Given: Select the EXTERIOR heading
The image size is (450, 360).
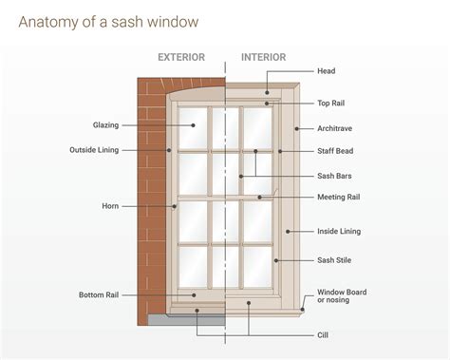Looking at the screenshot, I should [x=180, y=57].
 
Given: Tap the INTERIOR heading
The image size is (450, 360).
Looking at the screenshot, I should [x=263, y=57].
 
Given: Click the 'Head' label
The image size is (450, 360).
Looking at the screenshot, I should [x=327, y=71].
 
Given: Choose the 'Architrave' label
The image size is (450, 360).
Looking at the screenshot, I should [x=336, y=126].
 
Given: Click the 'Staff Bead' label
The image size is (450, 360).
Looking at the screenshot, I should [x=336, y=151].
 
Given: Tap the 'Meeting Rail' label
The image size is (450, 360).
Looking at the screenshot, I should [x=339, y=198].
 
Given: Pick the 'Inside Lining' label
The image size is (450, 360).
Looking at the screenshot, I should [x=339, y=231].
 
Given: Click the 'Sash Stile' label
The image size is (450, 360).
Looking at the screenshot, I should [x=334, y=259].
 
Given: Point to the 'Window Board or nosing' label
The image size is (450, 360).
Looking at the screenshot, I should [x=342, y=296].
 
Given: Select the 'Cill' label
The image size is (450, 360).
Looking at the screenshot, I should [x=323, y=334].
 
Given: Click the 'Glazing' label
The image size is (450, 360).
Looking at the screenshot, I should [x=105, y=124].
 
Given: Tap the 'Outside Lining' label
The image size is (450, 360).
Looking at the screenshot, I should [x=94, y=150].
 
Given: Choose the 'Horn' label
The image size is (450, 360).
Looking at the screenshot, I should [x=110, y=206].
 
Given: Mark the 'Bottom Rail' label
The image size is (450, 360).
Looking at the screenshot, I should [x=99, y=295].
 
